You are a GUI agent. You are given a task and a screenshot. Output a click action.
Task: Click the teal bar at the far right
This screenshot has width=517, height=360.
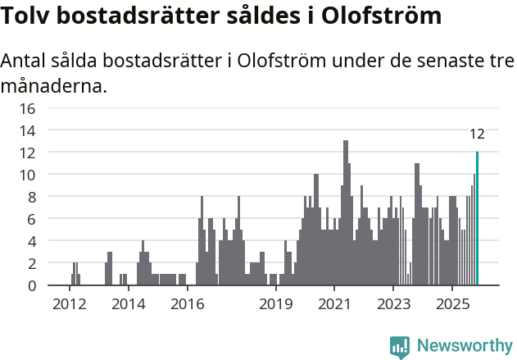click(477, 219)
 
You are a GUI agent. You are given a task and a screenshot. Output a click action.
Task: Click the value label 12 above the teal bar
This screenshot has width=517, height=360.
click(477, 134)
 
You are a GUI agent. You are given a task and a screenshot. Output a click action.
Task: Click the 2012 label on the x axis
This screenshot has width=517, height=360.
click(70, 304)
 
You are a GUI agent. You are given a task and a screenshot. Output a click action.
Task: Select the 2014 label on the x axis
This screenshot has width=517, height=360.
click(128, 304)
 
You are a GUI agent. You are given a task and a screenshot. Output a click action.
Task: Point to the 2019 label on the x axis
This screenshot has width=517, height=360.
click(276, 304)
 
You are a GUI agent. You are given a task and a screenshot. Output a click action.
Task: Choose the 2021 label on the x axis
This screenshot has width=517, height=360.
click(334, 304)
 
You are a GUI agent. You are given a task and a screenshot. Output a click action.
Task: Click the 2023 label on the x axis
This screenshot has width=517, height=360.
click(393, 304)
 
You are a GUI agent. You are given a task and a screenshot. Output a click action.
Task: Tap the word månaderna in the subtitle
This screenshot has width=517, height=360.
click(54, 85)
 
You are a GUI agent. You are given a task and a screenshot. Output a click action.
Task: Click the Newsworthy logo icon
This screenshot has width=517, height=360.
click(400, 346)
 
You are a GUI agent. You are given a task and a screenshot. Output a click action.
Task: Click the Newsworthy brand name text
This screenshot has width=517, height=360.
click(464, 346)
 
